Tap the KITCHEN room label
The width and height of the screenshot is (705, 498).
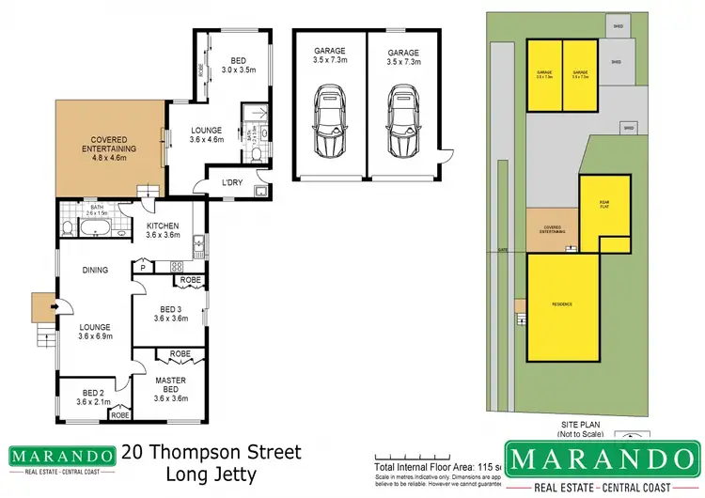tap(163, 230)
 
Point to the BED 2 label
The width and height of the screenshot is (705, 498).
tap(92, 397)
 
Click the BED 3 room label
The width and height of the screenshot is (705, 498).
tap(170, 313)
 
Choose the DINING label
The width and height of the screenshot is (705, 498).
tap(95, 271)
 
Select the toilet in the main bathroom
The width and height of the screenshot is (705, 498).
tap(68, 226)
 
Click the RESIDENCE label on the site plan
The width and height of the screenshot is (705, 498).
tap(562, 306)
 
